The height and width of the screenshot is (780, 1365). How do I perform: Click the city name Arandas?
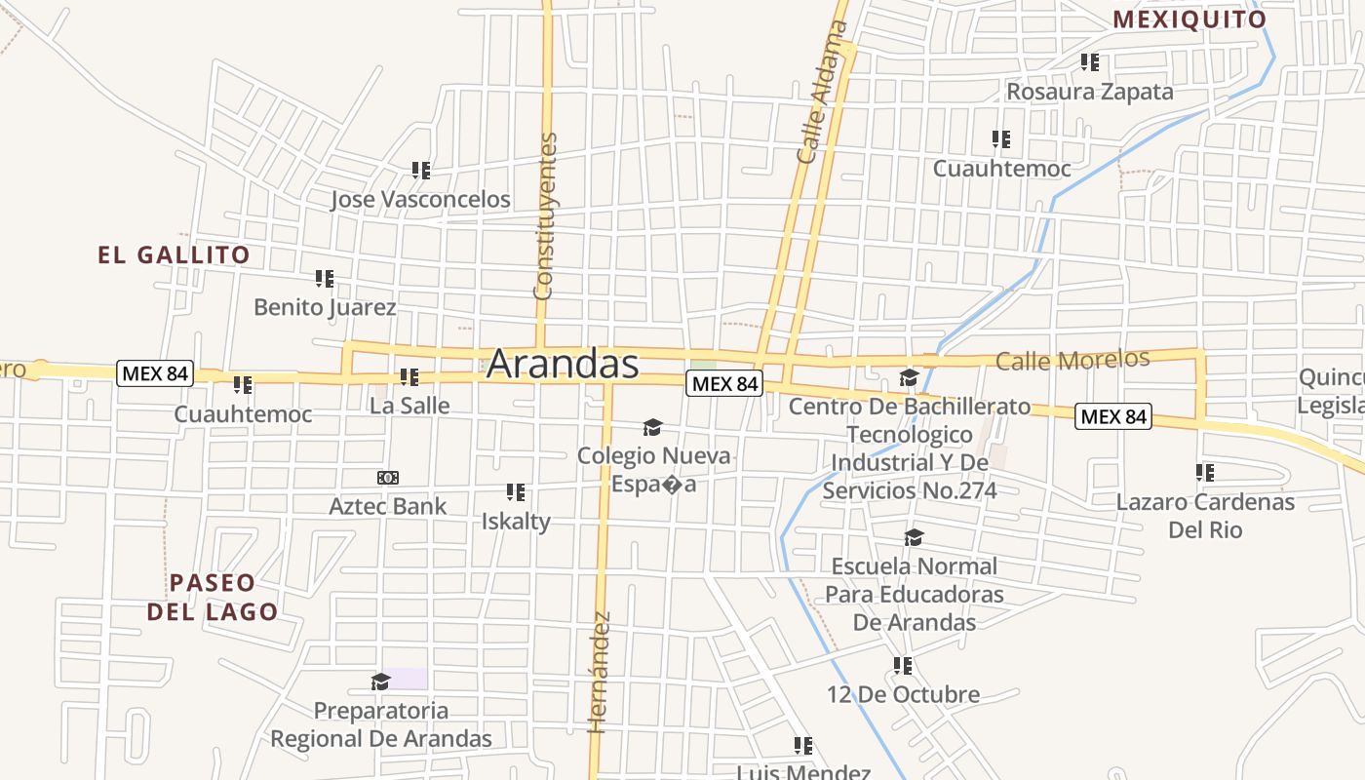(563, 364)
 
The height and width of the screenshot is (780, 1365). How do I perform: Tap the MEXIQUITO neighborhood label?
(1189, 19)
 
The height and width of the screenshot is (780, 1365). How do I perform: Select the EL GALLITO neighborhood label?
(174, 255)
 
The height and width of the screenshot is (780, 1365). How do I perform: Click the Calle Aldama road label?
(822, 93)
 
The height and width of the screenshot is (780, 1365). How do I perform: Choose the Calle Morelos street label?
(1072, 360)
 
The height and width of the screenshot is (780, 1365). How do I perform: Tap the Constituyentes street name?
(546, 216)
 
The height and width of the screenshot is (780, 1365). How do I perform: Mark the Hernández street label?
(599, 673)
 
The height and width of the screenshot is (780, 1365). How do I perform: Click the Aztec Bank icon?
(388, 478)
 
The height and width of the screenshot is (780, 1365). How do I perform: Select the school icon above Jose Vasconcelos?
(421, 171)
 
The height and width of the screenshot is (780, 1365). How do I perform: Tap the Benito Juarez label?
(325, 307)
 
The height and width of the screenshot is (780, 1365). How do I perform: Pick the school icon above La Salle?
(409, 376)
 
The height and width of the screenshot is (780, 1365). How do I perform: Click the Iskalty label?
(516, 521)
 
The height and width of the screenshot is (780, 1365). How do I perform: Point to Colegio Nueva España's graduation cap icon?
(652, 427)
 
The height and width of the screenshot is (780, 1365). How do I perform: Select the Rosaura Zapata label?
(1090, 92)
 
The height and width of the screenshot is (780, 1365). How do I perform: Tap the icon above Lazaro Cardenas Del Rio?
(1205, 473)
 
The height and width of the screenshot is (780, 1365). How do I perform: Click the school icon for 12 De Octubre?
(903, 666)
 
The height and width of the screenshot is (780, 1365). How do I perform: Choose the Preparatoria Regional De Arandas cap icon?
(381, 682)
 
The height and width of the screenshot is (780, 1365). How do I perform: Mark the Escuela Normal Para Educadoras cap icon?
(914, 537)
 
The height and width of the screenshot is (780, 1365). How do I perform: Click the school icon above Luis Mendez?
(803, 746)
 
